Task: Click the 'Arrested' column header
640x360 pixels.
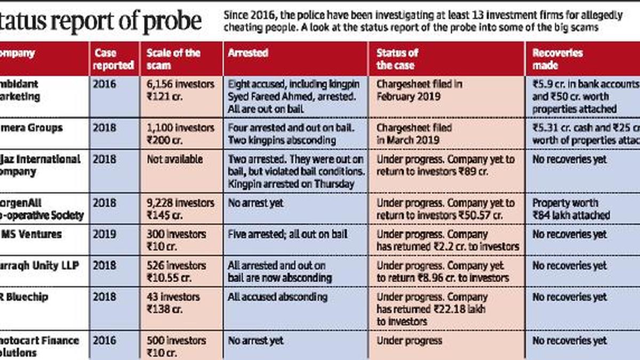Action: point(248,53)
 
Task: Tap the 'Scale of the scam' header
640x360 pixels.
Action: point(173,59)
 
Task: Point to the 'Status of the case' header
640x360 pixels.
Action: point(397,59)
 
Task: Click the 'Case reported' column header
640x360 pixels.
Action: point(114,59)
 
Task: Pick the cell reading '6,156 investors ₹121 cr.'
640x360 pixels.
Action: point(180,90)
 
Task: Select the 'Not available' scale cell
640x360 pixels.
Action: point(174,159)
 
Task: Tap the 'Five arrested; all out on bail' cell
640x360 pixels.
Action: point(287,234)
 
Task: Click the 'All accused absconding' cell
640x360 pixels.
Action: point(277,297)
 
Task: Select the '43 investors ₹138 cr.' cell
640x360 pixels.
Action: point(173,303)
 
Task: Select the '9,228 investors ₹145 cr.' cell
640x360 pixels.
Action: point(180,209)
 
